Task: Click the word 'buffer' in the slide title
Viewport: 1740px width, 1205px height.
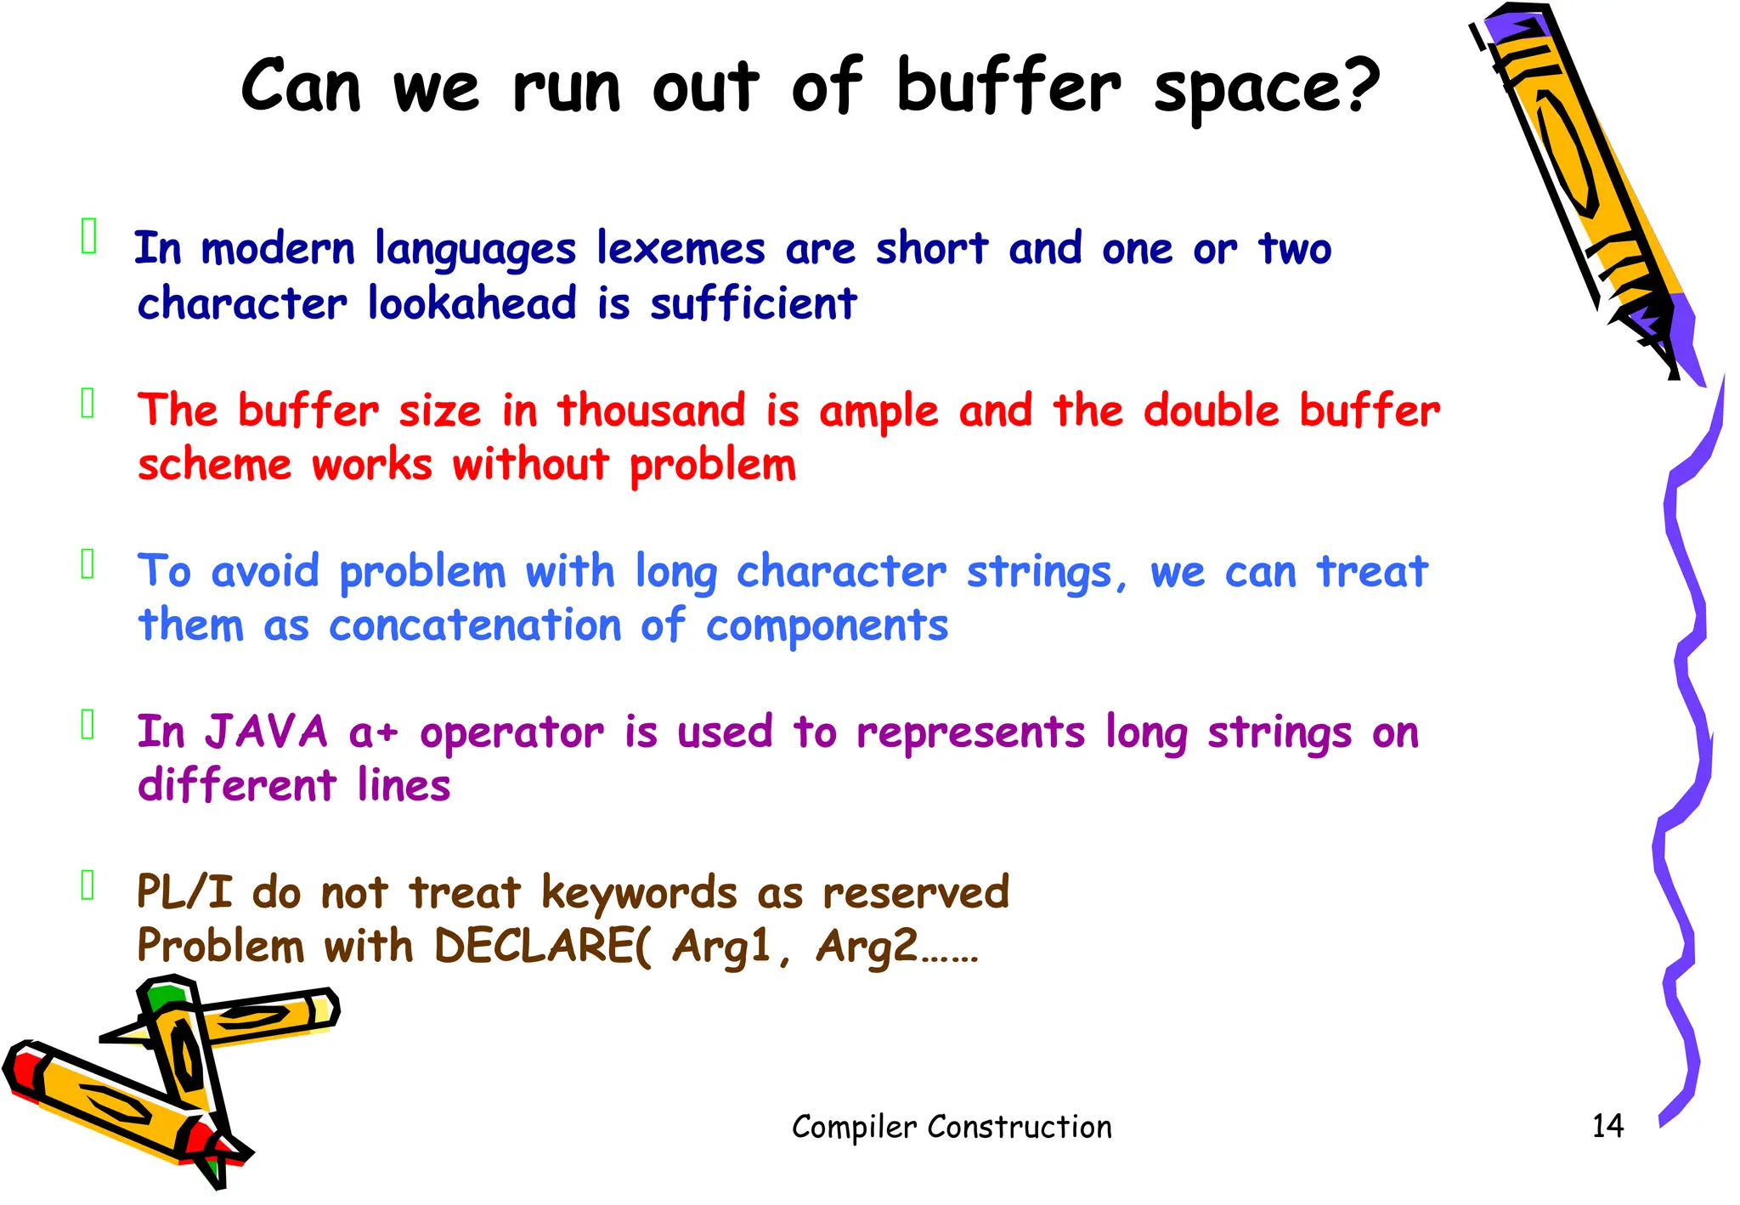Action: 1008,86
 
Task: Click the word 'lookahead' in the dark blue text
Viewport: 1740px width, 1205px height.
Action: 472,303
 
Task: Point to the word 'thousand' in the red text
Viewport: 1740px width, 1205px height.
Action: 652,411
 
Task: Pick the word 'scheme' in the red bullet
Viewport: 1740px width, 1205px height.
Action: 215,465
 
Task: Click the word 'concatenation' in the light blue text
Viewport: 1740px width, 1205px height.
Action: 475,626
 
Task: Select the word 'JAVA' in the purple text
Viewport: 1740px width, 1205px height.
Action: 267,733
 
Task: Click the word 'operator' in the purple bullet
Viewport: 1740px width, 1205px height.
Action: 511,733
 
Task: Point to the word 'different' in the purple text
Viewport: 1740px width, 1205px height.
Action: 237,786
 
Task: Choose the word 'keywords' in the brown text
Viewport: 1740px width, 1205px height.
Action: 639,893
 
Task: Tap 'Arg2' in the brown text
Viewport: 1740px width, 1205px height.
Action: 867,947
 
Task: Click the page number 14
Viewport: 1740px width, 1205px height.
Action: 1607,1126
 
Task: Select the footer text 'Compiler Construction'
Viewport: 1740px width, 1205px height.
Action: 952,1127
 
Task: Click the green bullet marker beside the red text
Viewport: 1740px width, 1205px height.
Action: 88,404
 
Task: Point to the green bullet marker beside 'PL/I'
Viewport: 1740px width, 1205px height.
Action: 88,885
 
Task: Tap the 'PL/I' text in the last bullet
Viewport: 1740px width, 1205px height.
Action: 184,893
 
